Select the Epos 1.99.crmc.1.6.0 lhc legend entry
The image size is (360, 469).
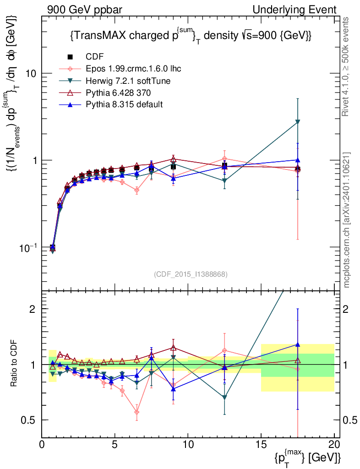tap(133, 69)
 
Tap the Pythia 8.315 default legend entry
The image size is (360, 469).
tap(124, 104)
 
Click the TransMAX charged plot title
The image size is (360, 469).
tap(191, 36)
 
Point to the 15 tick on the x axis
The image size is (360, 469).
tap(261, 444)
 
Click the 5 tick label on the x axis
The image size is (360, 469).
tap(115, 444)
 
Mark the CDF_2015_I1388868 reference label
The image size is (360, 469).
tap(190, 274)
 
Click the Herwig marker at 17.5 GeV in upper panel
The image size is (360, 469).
tap(298, 122)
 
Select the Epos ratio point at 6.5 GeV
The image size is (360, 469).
tap(137, 412)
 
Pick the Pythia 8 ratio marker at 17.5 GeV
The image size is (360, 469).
tap(298, 344)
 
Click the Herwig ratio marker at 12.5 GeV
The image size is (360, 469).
tap(224, 397)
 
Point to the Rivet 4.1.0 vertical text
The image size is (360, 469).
tap(347, 67)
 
